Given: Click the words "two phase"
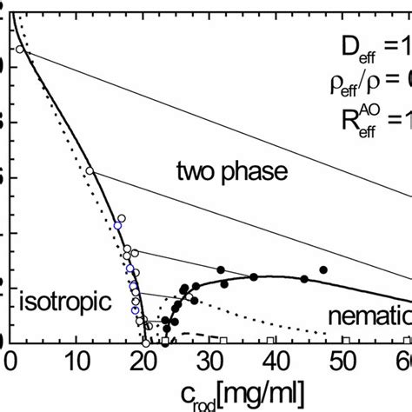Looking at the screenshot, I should point(230,172).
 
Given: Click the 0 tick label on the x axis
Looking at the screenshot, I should point(10,359).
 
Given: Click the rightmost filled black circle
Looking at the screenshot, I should point(324,270).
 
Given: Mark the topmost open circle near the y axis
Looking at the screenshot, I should point(19,50).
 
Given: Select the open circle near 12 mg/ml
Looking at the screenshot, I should point(89,170).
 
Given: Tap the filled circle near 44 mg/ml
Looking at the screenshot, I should point(304,278).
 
